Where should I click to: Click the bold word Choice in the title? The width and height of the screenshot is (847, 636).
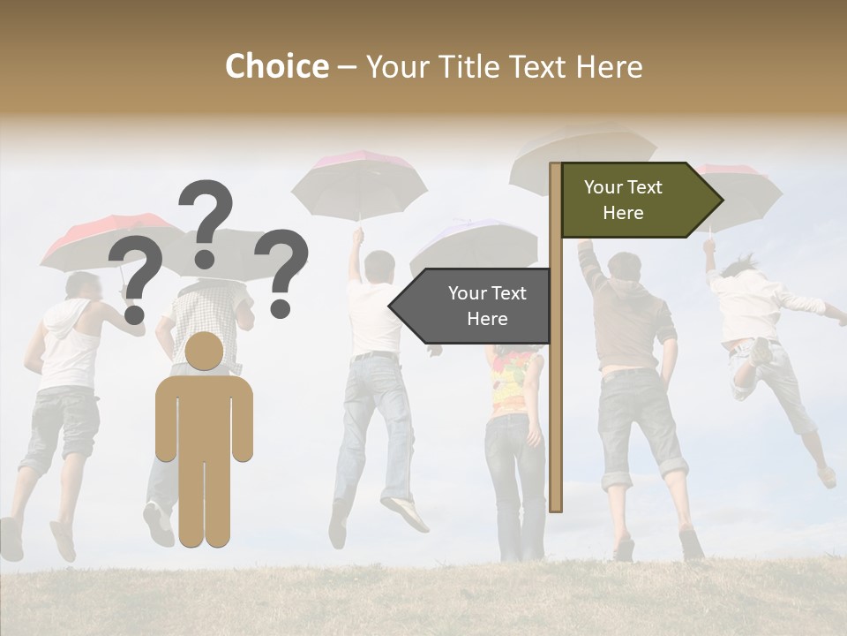point(276,67)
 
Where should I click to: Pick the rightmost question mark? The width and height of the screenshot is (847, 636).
point(282,269)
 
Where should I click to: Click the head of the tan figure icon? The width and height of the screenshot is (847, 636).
point(205,352)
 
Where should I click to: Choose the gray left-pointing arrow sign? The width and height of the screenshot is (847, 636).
point(472,306)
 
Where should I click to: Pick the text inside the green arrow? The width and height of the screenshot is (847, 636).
point(623,201)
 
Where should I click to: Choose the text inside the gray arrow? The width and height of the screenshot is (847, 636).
point(487,306)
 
